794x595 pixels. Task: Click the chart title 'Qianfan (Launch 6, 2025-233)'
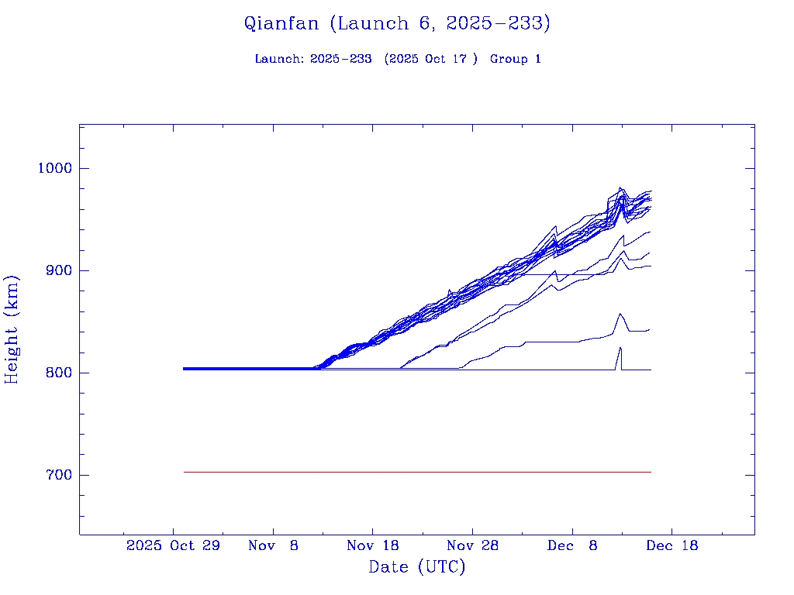click(397, 24)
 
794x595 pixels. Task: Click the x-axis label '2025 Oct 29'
click(173, 545)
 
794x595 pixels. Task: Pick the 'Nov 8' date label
click(273, 545)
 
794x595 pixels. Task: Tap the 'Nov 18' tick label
click(372, 545)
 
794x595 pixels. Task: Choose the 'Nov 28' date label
click(472, 545)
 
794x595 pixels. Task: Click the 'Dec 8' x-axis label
click(572, 545)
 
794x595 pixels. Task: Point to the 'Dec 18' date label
click(671, 545)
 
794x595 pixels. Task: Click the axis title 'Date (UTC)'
click(417, 567)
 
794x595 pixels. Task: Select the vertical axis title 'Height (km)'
click(12, 329)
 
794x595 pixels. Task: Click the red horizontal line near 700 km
click(417, 472)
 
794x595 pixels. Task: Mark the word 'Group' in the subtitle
click(509, 60)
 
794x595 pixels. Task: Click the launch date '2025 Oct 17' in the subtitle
click(430, 60)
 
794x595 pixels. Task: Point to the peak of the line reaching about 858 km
click(620, 314)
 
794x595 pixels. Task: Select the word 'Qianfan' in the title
click(281, 24)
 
